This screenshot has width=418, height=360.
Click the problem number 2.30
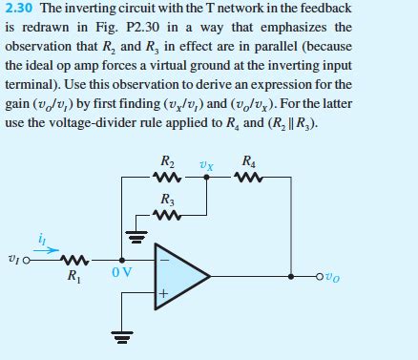(x=19, y=9)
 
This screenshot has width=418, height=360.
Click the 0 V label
(x=121, y=273)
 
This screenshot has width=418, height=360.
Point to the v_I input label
(x=12, y=259)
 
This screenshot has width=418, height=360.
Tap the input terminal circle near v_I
(x=28, y=258)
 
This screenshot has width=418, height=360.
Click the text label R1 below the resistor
(x=73, y=278)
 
